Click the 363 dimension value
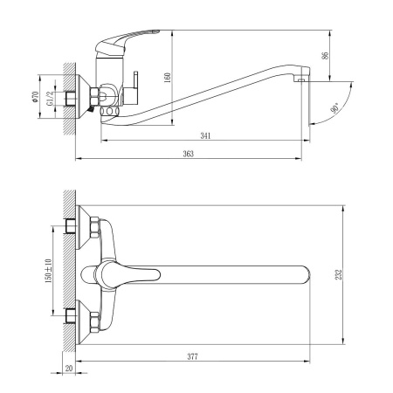click(x=188, y=154)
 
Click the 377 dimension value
click(x=190, y=357)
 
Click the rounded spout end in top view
click(x=307, y=273)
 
